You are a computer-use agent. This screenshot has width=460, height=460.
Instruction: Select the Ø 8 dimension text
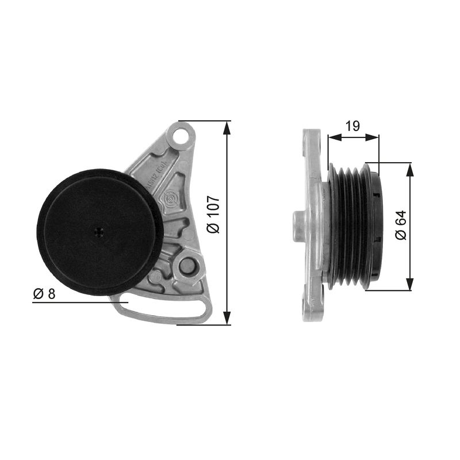44,294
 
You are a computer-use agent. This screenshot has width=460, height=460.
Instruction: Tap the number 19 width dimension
353,126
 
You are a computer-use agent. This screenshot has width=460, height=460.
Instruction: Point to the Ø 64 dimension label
401,226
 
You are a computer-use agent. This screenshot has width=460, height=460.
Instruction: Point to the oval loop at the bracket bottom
161,310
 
